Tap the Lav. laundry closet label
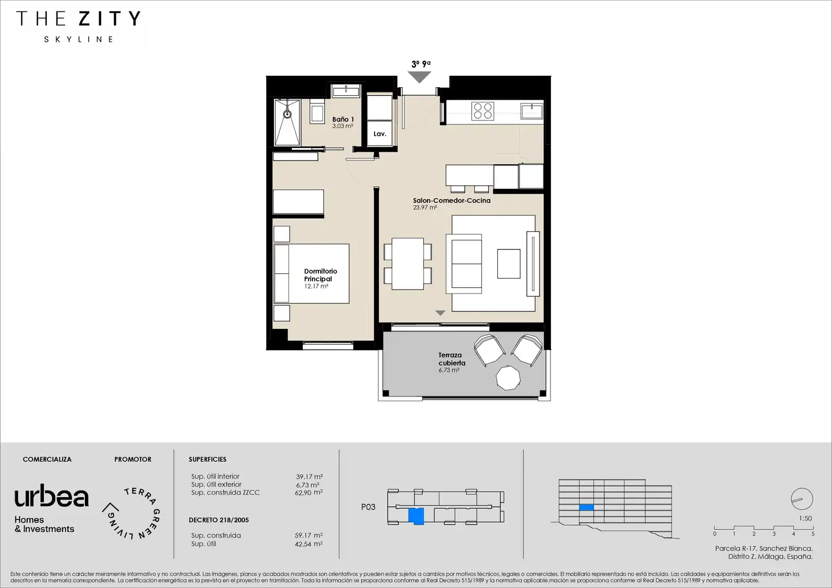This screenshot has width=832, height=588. [380, 134]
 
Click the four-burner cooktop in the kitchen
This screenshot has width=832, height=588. [482, 111]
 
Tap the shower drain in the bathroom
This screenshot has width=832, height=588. [287, 114]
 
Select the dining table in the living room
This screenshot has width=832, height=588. [407, 264]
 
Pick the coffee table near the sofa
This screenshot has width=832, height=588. [509, 264]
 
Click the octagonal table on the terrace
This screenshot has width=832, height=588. [508, 378]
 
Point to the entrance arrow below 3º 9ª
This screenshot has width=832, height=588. [419, 77]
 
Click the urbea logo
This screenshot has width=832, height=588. [52, 495]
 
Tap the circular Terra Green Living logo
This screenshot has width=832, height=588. [132, 513]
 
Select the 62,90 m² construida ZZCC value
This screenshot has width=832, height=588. [309, 493]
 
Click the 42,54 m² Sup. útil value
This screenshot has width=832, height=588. [309, 544]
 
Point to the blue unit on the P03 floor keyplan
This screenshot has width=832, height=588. [416, 516]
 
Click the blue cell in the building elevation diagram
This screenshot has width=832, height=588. [586, 507]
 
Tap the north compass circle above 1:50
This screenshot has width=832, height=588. [802, 499]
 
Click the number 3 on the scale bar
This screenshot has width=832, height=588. [774, 534]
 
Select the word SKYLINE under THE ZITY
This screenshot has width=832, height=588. [79, 39]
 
